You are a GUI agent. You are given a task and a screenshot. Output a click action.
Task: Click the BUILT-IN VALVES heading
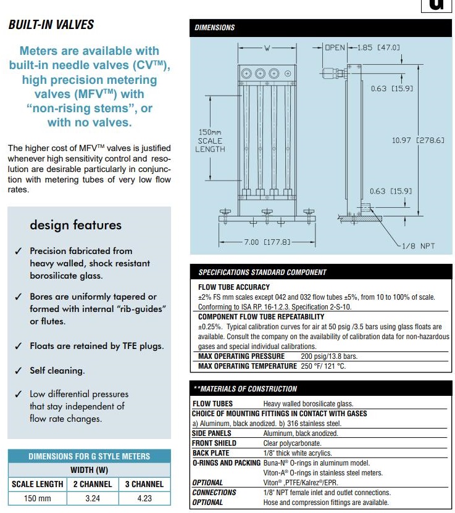point(51,25)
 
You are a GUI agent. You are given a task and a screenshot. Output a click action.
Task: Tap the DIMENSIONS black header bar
point(320,27)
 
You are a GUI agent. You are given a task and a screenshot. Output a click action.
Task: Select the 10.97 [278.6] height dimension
point(418,141)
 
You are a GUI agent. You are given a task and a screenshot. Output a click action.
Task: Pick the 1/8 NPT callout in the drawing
point(418,246)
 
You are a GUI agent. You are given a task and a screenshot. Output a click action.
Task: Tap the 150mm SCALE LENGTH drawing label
point(210,141)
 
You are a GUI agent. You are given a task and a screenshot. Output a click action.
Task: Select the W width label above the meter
point(267,47)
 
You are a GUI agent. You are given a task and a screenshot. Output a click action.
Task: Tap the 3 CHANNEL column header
point(144,484)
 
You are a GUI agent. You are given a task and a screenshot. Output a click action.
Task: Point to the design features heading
point(76,225)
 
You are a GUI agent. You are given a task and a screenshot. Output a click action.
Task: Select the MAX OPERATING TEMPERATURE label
point(247,366)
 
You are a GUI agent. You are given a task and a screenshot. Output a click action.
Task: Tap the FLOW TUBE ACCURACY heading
point(234,287)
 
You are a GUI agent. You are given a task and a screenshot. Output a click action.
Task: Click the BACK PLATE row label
point(211,453)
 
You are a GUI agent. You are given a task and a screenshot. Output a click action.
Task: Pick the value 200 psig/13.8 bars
point(328,356)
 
